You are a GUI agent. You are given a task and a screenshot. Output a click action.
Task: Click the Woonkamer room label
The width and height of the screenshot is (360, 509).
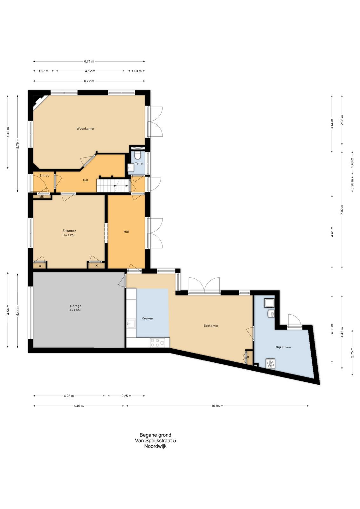click(86, 129)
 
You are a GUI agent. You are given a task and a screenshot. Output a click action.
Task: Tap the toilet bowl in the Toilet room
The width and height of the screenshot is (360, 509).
click(137, 156)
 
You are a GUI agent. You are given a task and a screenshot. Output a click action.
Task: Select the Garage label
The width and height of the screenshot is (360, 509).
click(76, 306)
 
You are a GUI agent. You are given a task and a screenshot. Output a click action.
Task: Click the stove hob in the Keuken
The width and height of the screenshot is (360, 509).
click(160, 343)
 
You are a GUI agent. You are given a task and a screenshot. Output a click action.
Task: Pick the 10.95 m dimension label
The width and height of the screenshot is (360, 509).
click(217, 406)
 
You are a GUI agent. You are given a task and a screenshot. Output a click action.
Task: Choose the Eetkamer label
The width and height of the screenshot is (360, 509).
click(211, 326)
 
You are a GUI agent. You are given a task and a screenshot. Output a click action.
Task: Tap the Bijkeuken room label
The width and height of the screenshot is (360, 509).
click(283, 347)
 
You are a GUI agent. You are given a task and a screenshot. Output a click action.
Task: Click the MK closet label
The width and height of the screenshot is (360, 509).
click(42, 197)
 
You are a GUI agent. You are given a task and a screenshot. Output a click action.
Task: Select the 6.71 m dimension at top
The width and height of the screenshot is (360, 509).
click(89, 61)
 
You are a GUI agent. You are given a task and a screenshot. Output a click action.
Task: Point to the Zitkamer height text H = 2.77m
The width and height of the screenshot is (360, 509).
click(69, 235)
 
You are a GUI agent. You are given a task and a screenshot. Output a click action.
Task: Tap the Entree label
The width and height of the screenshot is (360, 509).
click(44, 176)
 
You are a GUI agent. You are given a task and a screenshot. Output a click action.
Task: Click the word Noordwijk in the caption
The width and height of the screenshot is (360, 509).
click(156, 446)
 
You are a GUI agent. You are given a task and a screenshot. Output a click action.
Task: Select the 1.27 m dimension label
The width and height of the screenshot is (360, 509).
click(43, 71)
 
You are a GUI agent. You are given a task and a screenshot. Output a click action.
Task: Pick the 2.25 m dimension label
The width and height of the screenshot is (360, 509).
click(126, 396)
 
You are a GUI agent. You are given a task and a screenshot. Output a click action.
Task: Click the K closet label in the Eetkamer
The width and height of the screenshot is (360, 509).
click(248, 357)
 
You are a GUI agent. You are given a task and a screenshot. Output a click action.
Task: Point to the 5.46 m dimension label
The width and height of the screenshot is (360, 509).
click(79, 406)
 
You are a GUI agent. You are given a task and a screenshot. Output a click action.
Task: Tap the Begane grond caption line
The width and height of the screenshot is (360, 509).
click(156, 435)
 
